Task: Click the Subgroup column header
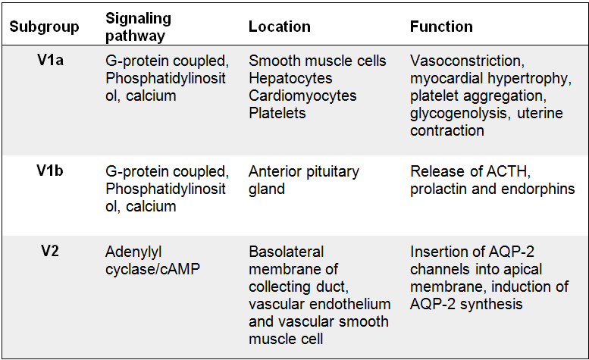coord(44,27)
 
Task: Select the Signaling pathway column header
coord(138,27)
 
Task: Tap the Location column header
coord(280,27)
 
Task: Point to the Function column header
coord(441,27)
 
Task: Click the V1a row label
coord(50,60)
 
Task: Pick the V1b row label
coord(50,171)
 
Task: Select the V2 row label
coord(50,251)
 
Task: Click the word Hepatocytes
coord(290,79)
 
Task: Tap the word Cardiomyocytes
coord(302,96)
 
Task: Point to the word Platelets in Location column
coord(277,113)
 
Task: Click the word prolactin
coord(438,189)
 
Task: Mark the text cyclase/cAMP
coord(152,269)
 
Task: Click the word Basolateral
coord(286,252)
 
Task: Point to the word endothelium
coord(354,304)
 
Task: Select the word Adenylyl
coord(133,252)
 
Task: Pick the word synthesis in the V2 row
coord(491,305)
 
